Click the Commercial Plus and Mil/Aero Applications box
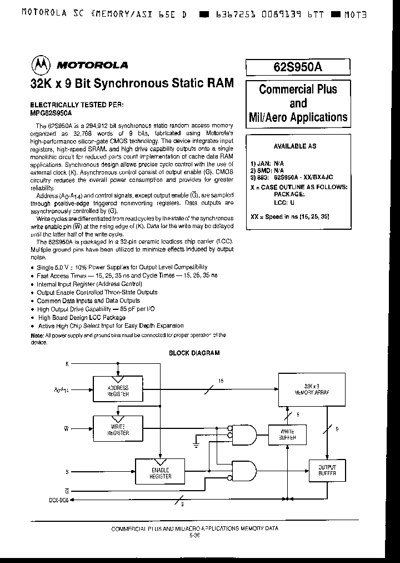[x=298, y=103]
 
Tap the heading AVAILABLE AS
[x=295, y=146]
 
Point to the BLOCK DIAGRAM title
[x=194, y=353]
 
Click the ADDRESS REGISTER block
[x=118, y=391]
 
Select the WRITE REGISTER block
[x=118, y=430]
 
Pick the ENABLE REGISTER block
[x=161, y=472]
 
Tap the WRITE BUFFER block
[x=287, y=434]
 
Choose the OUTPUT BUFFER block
[x=326, y=471]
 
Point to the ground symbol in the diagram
[x=196, y=445]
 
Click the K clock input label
[x=68, y=363]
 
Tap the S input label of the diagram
[x=67, y=472]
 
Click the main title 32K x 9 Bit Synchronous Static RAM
[x=132, y=83]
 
